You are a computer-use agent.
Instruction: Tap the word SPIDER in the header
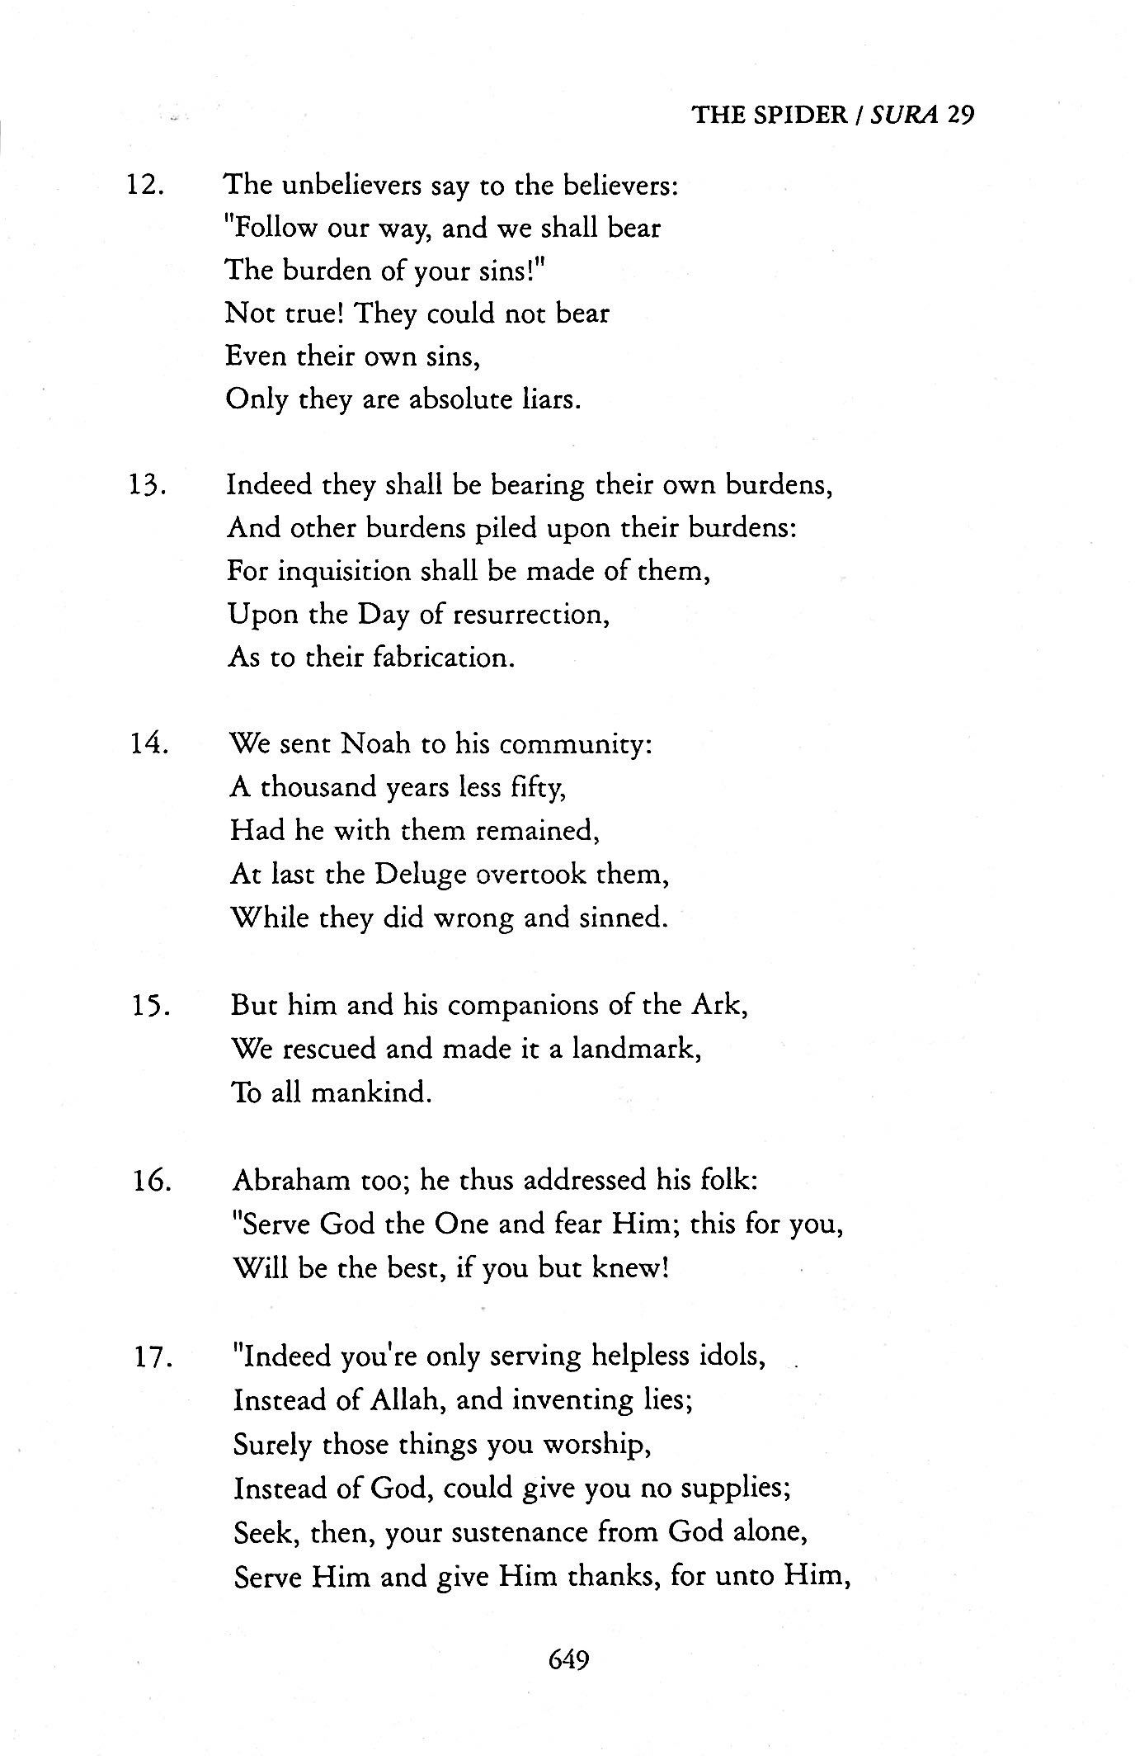798,114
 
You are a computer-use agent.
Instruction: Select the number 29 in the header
961,114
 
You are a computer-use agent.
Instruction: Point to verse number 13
147,484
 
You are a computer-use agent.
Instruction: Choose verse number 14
148,744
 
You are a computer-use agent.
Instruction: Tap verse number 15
150,1006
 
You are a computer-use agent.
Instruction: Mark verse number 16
152,1181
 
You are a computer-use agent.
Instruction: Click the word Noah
375,744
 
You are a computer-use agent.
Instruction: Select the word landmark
635,1050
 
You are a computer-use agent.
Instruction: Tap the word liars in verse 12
552,399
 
